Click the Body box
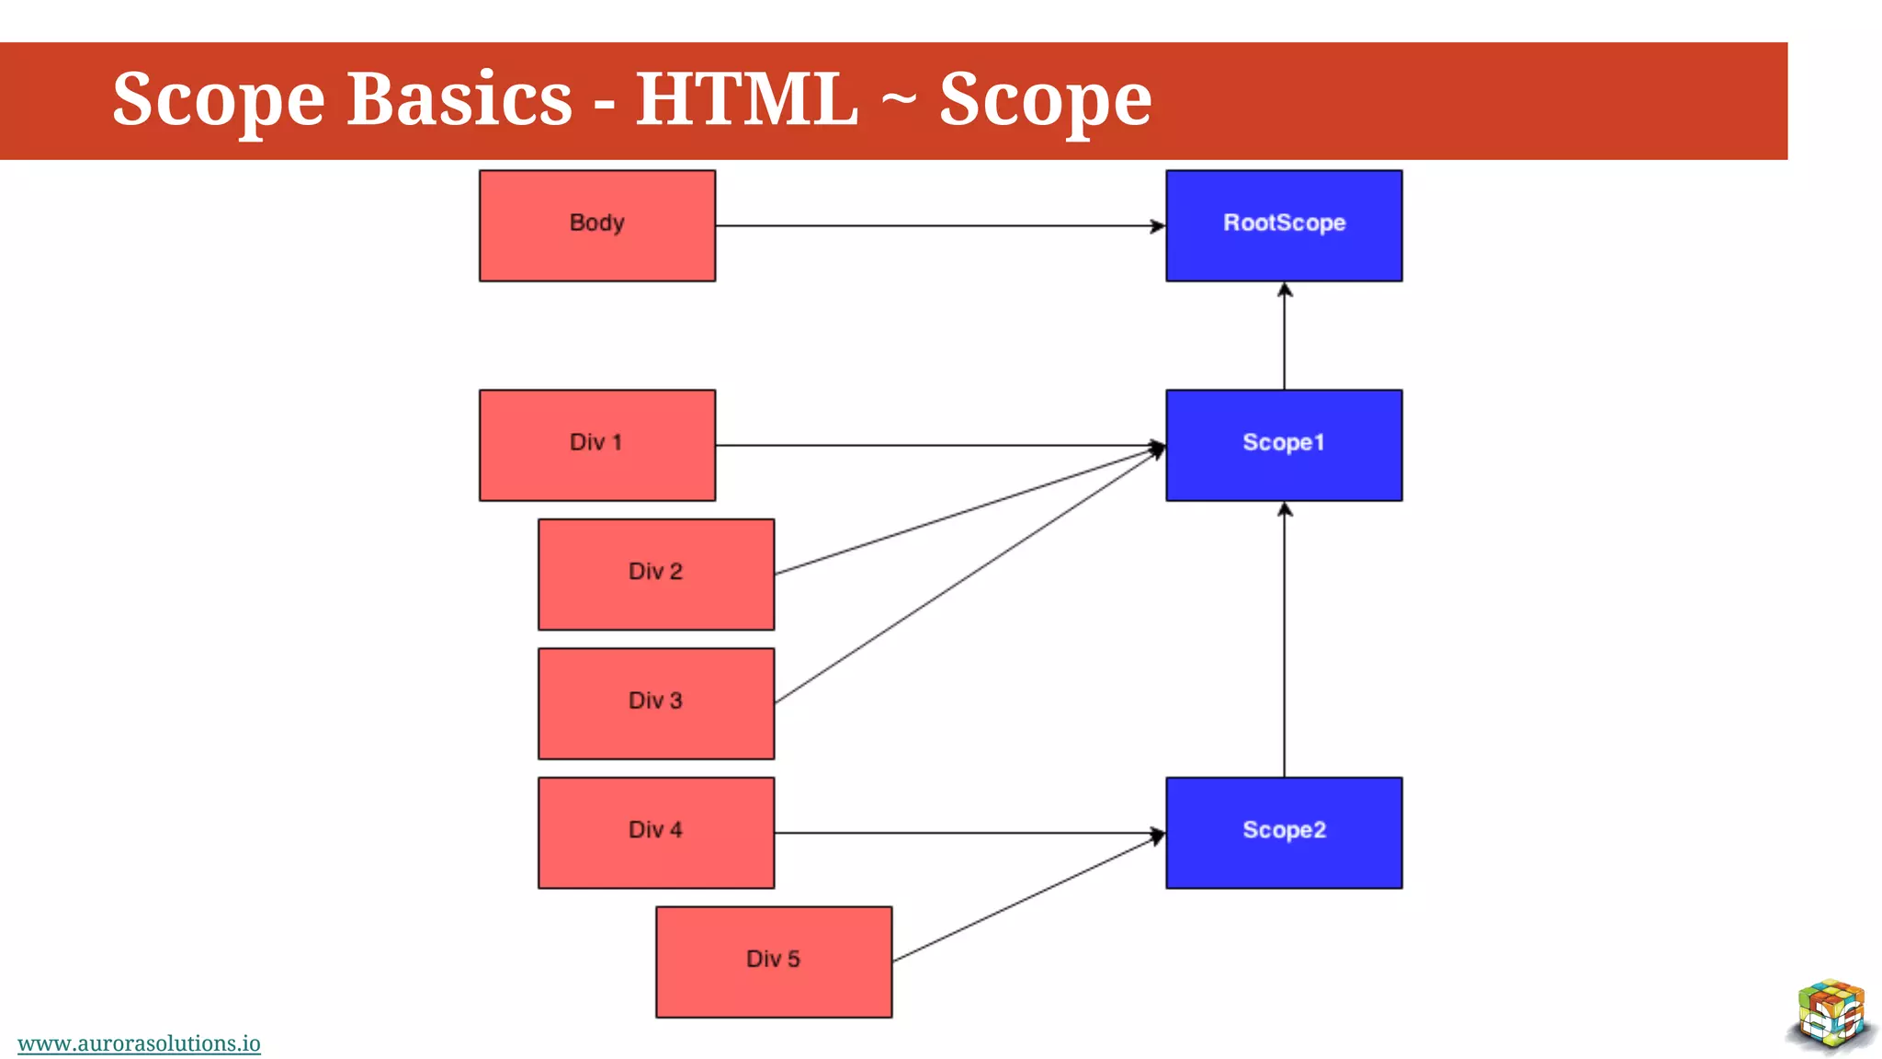tap(597, 225)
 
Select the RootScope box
tap(1284, 225)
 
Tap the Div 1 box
tap(597, 445)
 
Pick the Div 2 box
tap(656, 574)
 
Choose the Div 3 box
tap(656, 703)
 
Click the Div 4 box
tap(656, 832)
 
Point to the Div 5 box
tap(774, 962)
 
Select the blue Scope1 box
tap(1284, 445)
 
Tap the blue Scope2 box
tap(1284, 832)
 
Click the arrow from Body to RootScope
tap(937, 225)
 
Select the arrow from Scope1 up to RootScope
tap(1284, 336)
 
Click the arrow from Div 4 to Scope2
tap(965, 833)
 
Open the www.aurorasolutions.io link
tap(139, 1043)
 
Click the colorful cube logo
tap(1831, 1015)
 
